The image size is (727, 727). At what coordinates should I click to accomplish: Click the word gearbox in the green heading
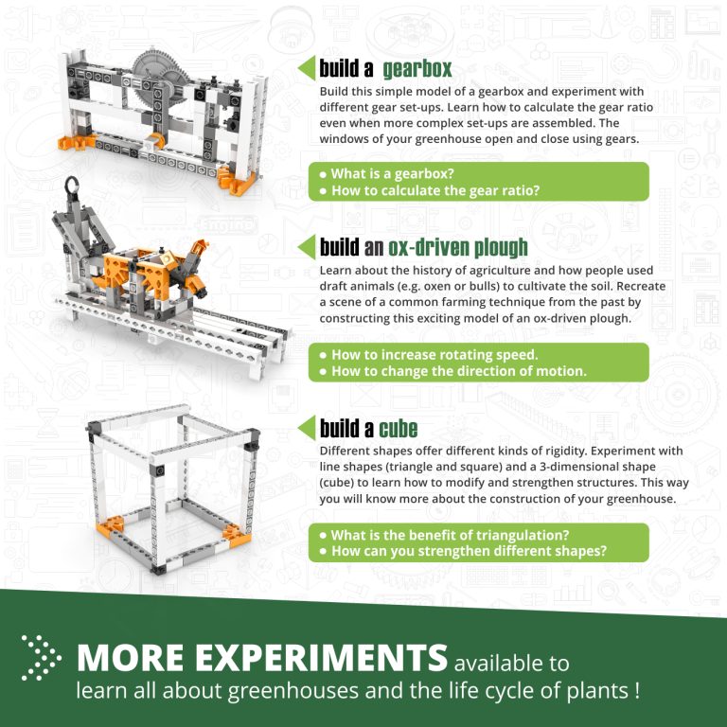(417, 68)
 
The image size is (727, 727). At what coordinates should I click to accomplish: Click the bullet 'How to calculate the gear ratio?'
(435, 190)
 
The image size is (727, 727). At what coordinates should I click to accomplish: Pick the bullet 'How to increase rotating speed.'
(434, 355)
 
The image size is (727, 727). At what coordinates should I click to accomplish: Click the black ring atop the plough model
(73, 186)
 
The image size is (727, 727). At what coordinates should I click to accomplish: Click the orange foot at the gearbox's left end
(68, 145)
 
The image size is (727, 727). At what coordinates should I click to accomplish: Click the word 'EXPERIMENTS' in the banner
(311, 659)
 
